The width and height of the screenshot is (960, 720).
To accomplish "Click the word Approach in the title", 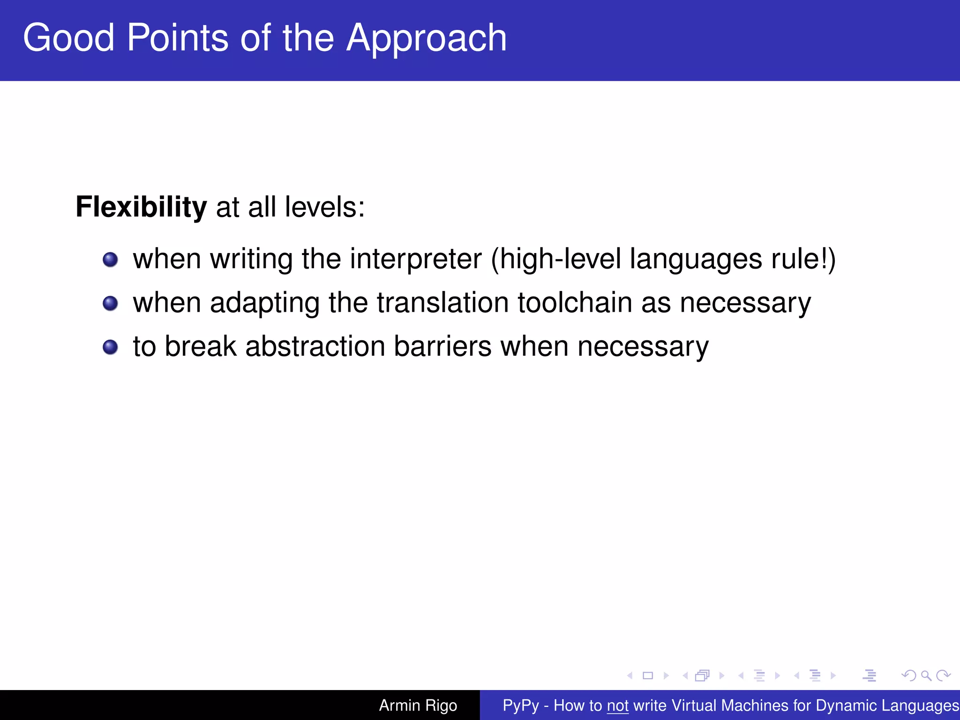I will pyautogui.click(x=426, y=38).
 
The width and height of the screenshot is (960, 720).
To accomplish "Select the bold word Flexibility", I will pyautogui.click(x=141, y=207).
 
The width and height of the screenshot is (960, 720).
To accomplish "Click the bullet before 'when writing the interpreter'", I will pyautogui.click(x=110, y=259).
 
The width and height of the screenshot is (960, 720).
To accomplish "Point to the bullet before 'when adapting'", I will pyautogui.click(x=110, y=303).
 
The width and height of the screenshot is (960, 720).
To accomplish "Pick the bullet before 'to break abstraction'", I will pyautogui.click(x=110, y=347).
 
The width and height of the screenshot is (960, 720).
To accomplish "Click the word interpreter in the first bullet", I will pyautogui.click(x=415, y=259).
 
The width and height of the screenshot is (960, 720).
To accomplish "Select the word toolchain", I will pyautogui.click(x=575, y=302).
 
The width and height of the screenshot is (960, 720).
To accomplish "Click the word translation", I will pyautogui.click(x=442, y=302).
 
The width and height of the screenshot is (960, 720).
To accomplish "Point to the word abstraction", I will pyautogui.click(x=315, y=346).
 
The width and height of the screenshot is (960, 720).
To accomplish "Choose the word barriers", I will pyautogui.click(x=442, y=346).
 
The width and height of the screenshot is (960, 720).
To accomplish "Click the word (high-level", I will pyautogui.click(x=555, y=259).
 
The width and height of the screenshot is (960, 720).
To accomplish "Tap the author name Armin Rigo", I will pyautogui.click(x=418, y=705).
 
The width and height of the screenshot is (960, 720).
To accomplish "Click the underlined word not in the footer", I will pyautogui.click(x=617, y=705).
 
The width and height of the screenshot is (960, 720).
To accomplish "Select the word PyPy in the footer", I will pyautogui.click(x=520, y=705).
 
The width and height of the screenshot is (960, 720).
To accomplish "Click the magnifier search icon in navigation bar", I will pyautogui.click(x=925, y=675).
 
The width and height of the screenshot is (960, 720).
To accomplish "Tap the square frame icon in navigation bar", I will pyautogui.click(x=648, y=675).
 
